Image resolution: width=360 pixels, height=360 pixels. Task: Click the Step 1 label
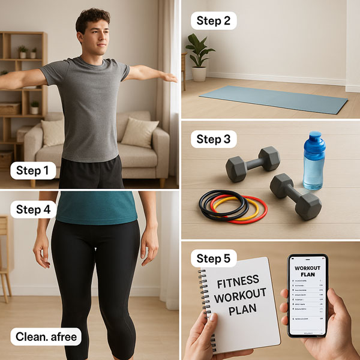click(x=33, y=170)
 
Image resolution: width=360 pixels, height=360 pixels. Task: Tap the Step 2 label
click(x=214, y=20)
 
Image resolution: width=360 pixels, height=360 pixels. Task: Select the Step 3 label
click(x=214, y=139)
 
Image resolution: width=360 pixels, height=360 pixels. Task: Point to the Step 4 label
click(x=33, y=209)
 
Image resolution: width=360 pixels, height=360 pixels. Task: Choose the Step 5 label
click(x=214, y=259)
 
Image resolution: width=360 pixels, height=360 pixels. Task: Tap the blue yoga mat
click(x=274, y=98)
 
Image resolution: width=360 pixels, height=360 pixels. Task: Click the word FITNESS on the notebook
click(x=239, y=281)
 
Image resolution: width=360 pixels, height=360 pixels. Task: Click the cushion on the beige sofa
click(x=139, y=131)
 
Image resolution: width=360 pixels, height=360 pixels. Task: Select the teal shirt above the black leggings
click(x=96, y=207)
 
